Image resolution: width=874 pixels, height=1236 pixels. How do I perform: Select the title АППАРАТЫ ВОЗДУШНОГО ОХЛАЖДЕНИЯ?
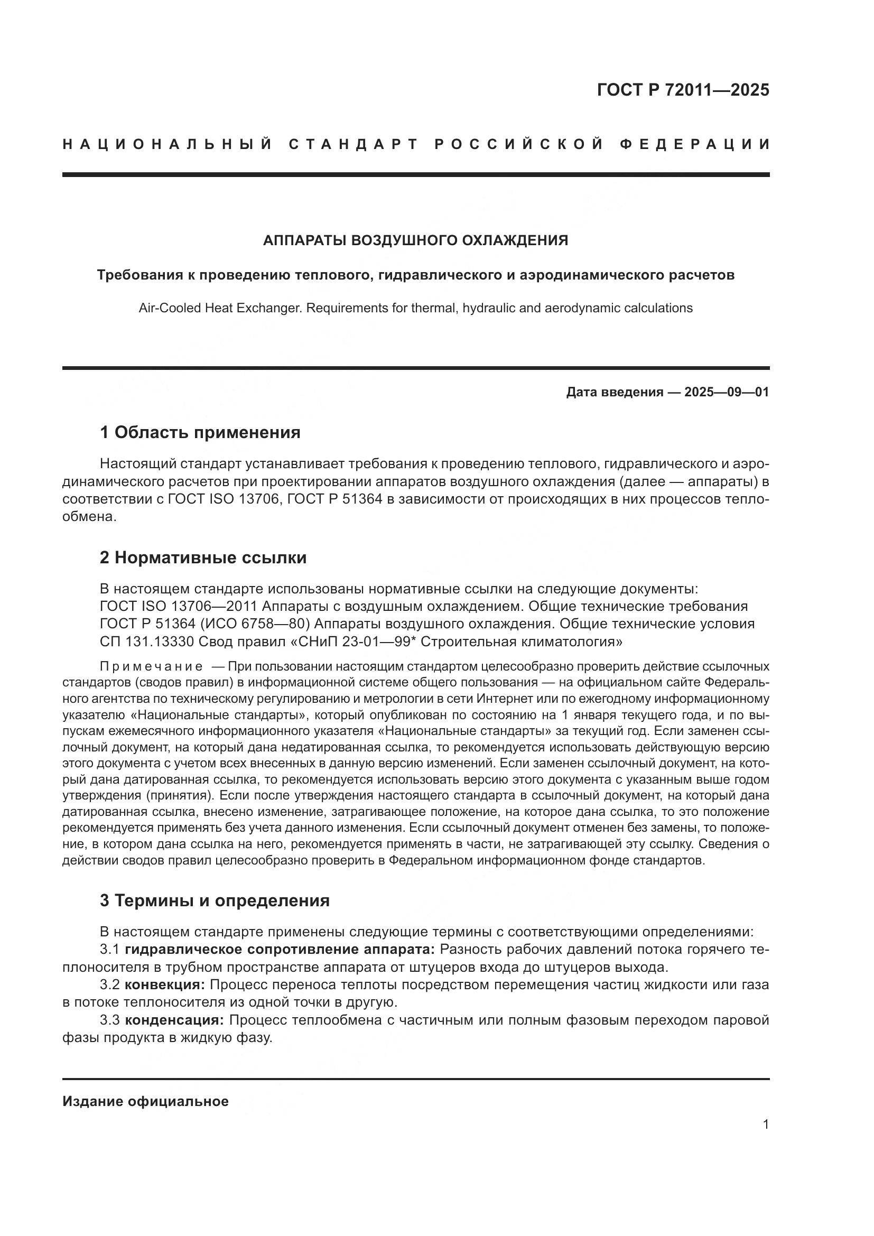click(415, 240)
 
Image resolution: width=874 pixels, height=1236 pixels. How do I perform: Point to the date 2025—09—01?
click(727, 392)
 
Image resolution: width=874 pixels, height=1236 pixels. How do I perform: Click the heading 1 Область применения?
click(200, 432)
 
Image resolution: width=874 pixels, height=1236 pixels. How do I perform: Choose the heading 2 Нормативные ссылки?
click(203, 557)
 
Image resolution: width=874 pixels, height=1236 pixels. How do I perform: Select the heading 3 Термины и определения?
click(214, 900)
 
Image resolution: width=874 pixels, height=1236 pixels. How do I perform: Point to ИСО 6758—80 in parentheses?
click(257, 624)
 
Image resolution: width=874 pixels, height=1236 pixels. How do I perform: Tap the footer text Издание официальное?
click(145, 1101)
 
